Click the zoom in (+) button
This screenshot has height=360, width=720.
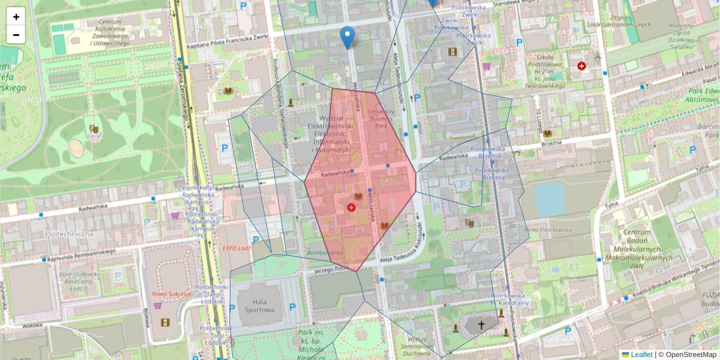pos(16,17)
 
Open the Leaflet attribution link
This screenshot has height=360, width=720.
pos(641,355)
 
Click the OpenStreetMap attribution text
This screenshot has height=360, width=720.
pos(691,355)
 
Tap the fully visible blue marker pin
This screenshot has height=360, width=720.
pos(347,37)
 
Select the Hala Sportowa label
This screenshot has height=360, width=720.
pos(259,305)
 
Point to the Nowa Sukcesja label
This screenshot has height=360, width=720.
pos(171,294)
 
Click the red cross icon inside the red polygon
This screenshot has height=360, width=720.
pos(351,207)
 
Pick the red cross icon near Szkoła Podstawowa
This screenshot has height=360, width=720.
pos(581,65)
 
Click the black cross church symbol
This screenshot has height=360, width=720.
pos(481,325)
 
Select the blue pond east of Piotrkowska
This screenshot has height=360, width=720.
pos(550,199)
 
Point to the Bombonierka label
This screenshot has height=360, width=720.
pos(325,253)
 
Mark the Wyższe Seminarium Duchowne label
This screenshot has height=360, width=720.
pos(417,346)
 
